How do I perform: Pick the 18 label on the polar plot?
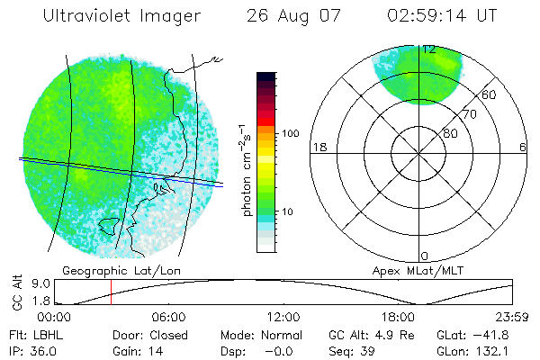[318, 147]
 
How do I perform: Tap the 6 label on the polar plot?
[523, 147]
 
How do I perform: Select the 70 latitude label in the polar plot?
[468, 115]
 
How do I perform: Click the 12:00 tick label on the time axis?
[283, 317]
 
